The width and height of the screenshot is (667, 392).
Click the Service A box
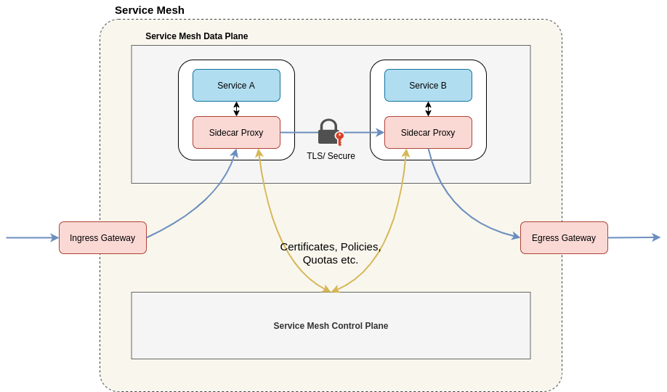[236, 85]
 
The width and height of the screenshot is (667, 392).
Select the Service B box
[428, 85]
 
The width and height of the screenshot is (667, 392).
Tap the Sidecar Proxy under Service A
[236, 132]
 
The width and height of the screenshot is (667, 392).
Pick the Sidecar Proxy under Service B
[428, 132]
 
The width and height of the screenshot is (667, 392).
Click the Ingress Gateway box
[102, 237]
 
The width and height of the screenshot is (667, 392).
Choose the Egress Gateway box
[564, 237]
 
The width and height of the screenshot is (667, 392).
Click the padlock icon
[328, 132]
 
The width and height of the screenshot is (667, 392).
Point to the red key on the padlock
[339, 138]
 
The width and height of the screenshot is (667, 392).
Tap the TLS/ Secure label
[331, 156]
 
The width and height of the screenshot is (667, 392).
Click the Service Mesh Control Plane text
[331, 326]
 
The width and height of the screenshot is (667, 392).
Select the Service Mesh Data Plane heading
[196, 36]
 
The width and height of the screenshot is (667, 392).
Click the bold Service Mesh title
[150, 10]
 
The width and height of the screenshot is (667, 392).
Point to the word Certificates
[309, 247]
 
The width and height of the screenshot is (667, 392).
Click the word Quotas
[320, 260]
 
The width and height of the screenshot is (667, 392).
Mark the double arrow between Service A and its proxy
[236, 109]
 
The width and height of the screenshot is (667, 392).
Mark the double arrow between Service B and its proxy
[428, 109]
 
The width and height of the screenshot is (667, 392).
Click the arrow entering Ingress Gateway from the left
[33, 237]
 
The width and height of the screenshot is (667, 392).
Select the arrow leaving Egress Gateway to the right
[634, 237]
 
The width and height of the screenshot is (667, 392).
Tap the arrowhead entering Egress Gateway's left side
[516, 236]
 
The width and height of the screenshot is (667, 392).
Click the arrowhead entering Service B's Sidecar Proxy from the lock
[380, 132]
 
